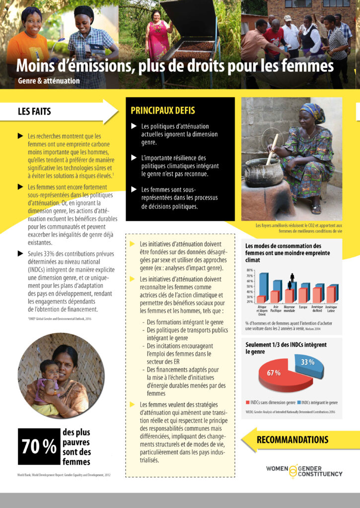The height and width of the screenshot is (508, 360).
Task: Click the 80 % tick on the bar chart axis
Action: (x=250, y=270)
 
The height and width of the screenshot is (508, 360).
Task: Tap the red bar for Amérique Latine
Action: (x=330, y=295)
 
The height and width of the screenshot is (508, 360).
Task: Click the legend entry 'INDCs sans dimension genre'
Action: (x=270, y=402)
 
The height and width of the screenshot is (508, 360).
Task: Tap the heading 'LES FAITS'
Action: (x=34, y=112)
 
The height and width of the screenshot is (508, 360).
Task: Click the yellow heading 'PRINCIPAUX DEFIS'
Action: (x=162, y=110)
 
